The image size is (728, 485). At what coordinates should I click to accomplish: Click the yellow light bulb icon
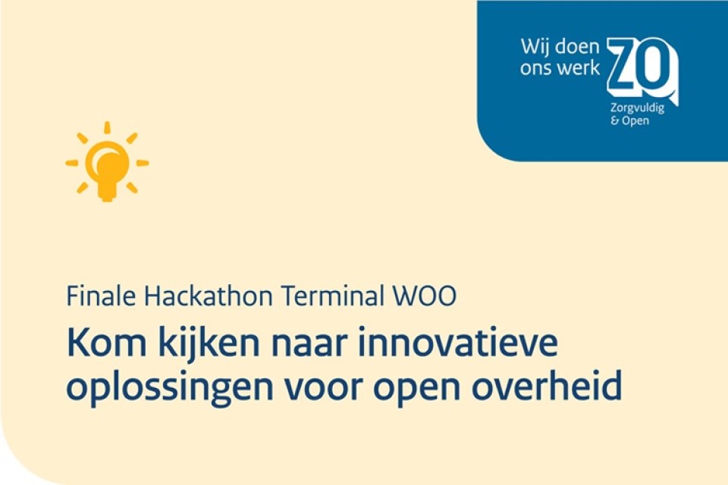[107, 161]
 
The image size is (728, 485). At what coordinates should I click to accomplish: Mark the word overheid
[547, 386]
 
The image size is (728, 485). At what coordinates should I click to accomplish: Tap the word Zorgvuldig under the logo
[637, 109]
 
